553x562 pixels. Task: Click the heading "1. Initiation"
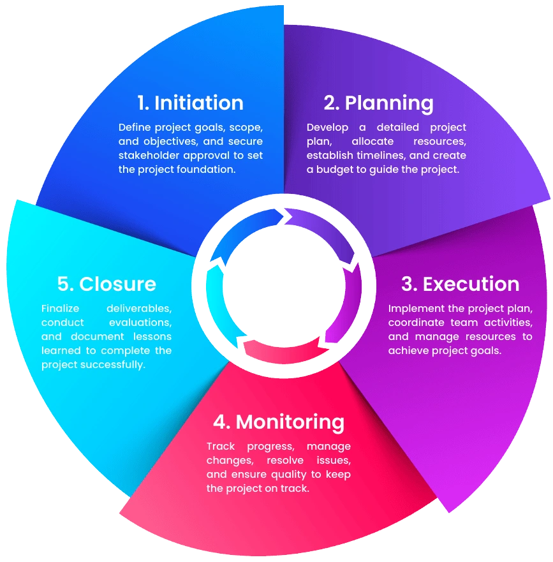[x=191, y=103]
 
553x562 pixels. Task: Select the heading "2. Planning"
[x=379, y=103]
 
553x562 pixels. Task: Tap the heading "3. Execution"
[x=460, y=284]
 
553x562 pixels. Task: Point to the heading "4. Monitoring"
[x=279, y=422]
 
